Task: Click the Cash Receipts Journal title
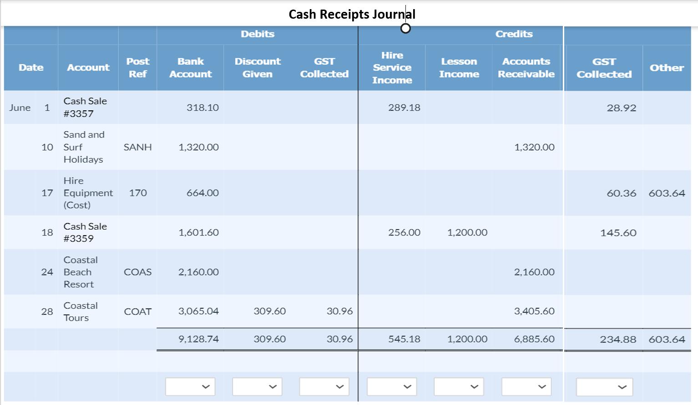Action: pos(352,14)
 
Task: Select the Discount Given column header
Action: pos(258,67)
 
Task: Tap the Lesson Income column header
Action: pos(459,67)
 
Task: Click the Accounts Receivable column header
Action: pos(526,67)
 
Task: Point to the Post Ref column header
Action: pos(137,67)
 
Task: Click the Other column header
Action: pos(667,67)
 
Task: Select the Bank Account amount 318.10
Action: pos(202,108)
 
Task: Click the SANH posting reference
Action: pos(137,147)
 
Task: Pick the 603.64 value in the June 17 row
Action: pos(667,193)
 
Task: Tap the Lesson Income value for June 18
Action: pos(467,232)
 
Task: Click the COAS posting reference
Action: pos(137,272)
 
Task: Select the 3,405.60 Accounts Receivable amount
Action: pos(534,311)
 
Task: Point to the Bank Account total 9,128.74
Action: pos(198,339)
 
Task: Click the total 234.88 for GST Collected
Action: pos(618,339)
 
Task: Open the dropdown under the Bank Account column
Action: pos(190,387)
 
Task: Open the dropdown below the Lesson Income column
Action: pos(459,387)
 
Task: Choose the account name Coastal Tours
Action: pos(81,312)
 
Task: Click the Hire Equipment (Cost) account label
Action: pos(88,193)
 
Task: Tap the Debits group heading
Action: pos(258,34)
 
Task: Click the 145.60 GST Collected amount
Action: pos(618,233)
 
